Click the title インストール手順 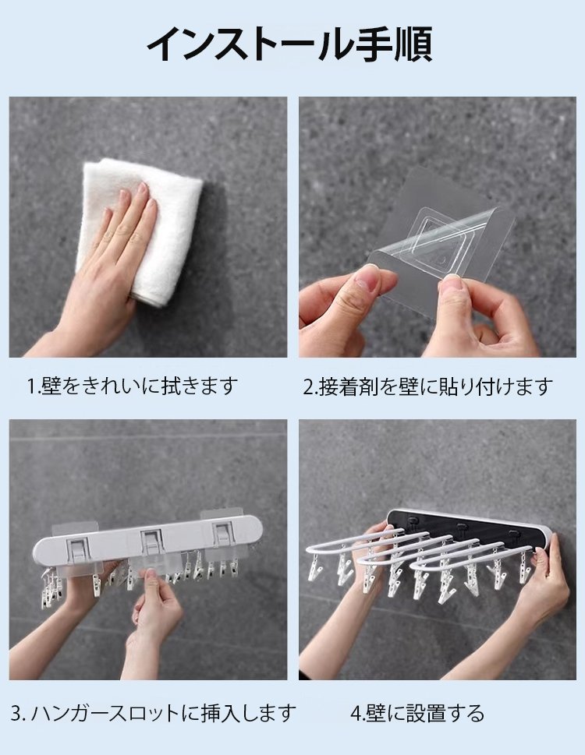(x=289, y=44)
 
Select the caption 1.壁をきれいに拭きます (x=133, y=386)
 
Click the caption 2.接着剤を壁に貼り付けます (x=428, y=386)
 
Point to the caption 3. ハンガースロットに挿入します (x=153, y=713)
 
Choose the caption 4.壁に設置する (x=417, y=713)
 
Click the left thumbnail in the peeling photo (x=370, y=278)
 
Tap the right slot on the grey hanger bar (x=223, y=535)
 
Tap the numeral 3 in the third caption (x=16, y=714)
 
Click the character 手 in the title (x=373, y=44)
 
